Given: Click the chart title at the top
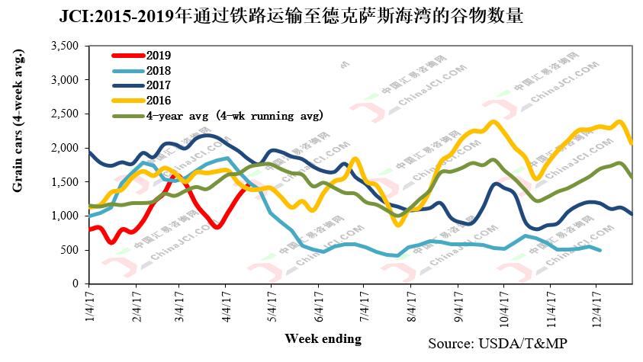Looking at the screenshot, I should pyautogui.click(x=291, y=17).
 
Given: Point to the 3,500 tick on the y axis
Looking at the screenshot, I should pyautogui.click(x=64, y=46).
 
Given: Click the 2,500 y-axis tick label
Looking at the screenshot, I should pyautogui.click(x=64, y=114).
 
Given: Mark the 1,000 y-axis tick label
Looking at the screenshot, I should pyautogui.click(x=64, y=216).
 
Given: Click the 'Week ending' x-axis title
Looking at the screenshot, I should pyautogui.click(x=323, y=337).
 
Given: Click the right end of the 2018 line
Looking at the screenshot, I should pyautogui.click(x=600, y=250).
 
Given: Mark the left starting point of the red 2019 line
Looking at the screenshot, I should pyautogui.click(x=90, y=229).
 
